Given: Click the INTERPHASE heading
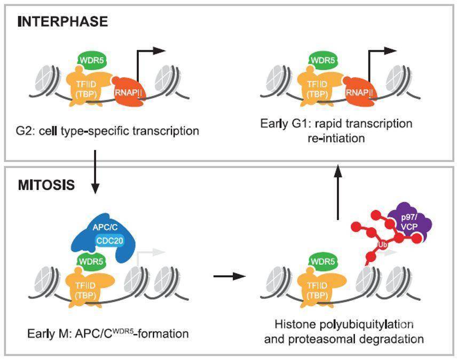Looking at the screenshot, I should (x=63, y=22).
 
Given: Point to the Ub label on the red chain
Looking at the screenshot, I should (x=382, y=244).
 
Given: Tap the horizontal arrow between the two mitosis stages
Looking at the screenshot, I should (x=230, y=276).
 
